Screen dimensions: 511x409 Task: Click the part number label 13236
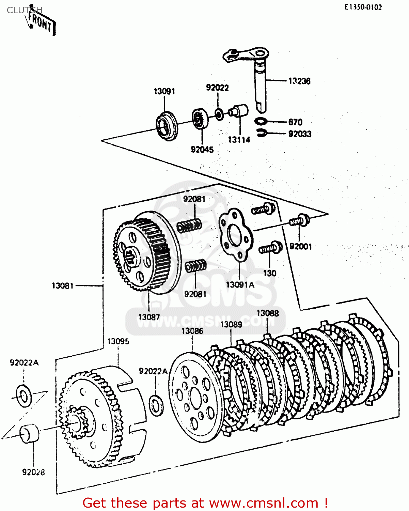pyautogui.click(x=299, y=81)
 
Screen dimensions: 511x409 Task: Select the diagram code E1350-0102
pyautogui.click(x=363, y=7)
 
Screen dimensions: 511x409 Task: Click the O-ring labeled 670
pyautogui.click(x=261, y=121)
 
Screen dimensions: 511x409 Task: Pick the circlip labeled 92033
pyautogui.click(x=262, y=133)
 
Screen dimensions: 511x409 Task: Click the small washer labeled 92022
pyautogui.click(x=219, y=114)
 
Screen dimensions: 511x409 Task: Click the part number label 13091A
pyautogui.click(x=240, y=285)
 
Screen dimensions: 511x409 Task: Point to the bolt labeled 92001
pyautogui.click(x=300, y=220)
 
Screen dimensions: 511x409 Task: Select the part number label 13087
pyautogui.click(x=149, y=317)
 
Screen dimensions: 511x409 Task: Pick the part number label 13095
pyautogui.click(x=118, y=341)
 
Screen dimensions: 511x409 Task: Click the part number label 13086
pyautogui.click(x=192, y=331)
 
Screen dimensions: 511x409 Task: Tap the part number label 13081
pyautogui.click(x=63, y=285)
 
